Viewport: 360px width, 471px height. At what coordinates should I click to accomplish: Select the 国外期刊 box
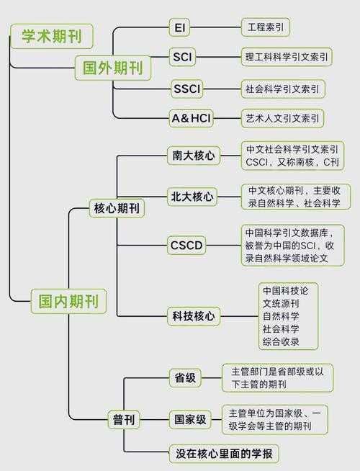click(112, 68)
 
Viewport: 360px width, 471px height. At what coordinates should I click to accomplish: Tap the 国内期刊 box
click(68, 300)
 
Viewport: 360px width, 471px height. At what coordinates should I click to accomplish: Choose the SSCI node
click(187, 89)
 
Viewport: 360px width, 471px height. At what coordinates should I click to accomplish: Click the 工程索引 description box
click(265, 27)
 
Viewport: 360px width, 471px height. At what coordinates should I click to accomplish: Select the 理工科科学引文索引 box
click(287, 57)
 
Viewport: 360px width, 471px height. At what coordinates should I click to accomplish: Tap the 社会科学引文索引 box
click(283, 89)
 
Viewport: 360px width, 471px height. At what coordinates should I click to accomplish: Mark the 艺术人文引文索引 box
click(282, 117)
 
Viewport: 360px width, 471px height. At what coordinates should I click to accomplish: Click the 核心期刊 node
click(117, 208)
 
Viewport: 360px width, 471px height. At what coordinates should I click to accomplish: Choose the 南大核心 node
click(193, 155)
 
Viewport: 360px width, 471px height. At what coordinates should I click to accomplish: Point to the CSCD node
click(186, 246)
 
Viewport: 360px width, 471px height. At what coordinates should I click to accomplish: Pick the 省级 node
click(186, 377)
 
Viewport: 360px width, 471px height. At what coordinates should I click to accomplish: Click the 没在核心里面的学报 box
click(223, 454)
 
